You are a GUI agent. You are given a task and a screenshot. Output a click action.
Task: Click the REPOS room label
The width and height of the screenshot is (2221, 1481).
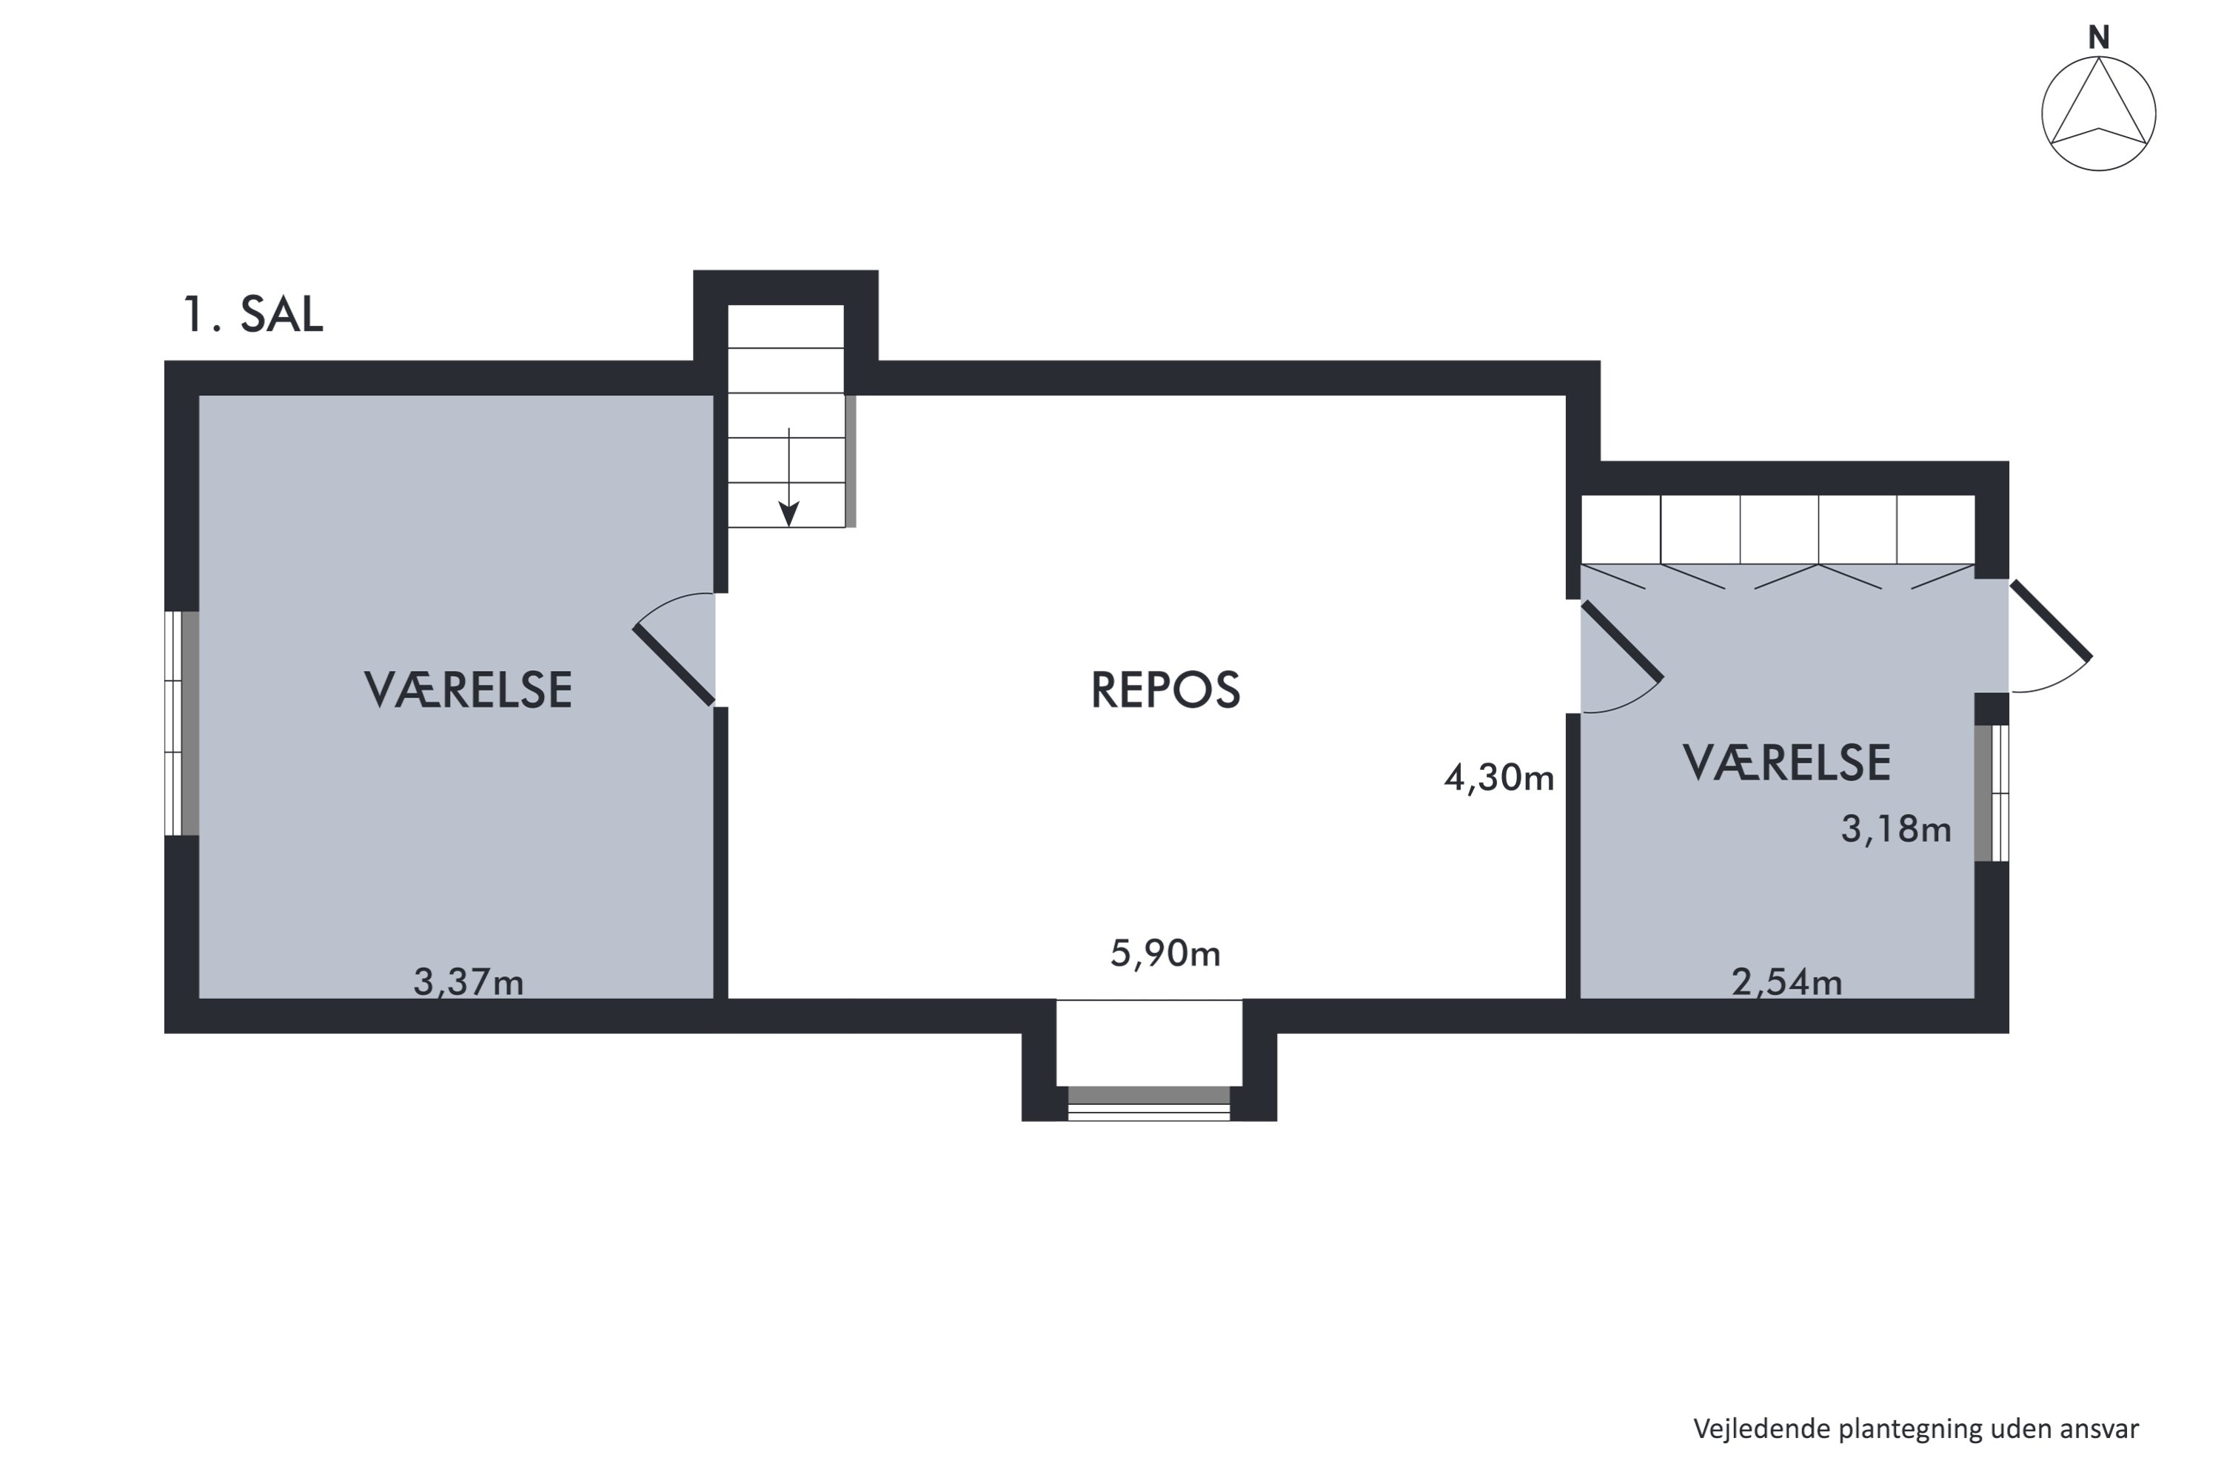1165,689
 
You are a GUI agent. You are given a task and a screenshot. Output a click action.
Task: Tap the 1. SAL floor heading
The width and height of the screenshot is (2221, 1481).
252,315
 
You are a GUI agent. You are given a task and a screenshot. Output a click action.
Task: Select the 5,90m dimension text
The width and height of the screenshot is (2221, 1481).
1165,954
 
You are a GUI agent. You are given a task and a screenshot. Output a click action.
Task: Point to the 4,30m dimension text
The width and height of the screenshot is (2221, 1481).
1498,778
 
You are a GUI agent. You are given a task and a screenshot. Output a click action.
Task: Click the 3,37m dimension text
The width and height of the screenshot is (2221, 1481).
469,983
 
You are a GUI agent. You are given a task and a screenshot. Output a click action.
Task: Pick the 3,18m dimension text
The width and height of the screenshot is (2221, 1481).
1895,829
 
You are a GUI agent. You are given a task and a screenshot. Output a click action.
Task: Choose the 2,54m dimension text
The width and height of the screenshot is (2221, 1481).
1786,983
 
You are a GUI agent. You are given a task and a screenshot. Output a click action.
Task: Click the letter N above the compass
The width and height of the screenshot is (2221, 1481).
2098,38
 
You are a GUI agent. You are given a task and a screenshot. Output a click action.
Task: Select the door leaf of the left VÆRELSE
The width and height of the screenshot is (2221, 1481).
673,665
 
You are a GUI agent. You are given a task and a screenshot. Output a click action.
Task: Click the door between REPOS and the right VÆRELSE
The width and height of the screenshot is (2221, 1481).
1621,641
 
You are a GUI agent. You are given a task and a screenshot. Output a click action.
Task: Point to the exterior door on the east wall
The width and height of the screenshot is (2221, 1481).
2050,621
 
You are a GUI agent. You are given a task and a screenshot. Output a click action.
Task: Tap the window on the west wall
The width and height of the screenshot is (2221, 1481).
181,723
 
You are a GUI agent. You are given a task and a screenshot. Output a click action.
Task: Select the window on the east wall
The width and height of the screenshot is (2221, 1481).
1991,792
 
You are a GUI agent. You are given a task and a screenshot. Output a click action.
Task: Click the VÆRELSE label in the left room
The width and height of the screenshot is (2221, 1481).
469,689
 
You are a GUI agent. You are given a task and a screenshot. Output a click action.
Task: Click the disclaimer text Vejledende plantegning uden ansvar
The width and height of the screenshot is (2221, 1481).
1915,1429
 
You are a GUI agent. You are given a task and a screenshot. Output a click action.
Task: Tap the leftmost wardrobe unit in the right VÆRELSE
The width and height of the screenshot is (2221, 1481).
1621,530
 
